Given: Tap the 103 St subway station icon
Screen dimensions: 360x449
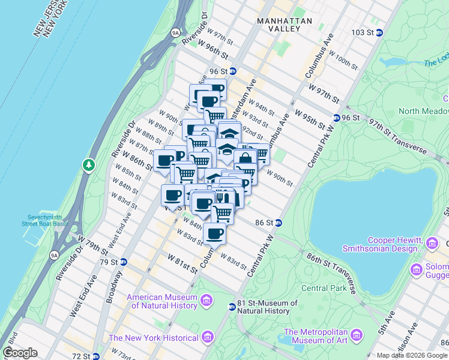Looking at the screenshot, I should pyautogui.click(x=379, y=32).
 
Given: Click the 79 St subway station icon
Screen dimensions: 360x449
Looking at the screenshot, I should pyautogui.click(x=123, y=262).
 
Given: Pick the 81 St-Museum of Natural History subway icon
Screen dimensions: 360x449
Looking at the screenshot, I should pyautogui.click(x=232, y=307).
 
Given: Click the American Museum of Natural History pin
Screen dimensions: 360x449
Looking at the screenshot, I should pyautogui.click(x=206, y=299).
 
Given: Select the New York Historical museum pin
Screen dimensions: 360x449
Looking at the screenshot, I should pyautogui.click(x=208, y=335).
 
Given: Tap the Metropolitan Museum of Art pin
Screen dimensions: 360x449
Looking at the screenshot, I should pyautogui.click(x=357, y=334).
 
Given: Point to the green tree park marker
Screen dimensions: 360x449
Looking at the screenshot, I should pyautogui.click(x=89, y=164).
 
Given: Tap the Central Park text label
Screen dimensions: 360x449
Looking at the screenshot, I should pyautogui.click(x=324, y=288).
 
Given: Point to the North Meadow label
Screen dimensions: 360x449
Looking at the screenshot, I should pyautogui.click(x=423, y=111).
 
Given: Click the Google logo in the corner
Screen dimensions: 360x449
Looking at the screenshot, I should pyautogui.click(x=20, y=353).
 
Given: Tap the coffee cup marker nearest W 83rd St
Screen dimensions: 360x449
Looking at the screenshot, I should pyautogui.click(x=214, y=234).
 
